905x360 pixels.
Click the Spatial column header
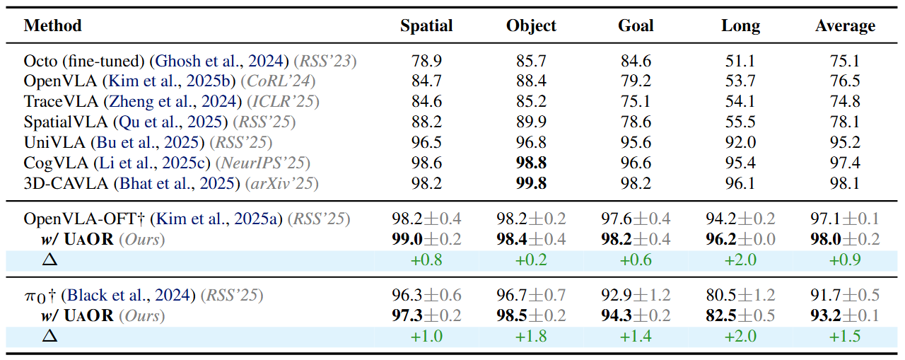[426, 26]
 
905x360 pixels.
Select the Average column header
[845, 26]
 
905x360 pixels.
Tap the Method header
[52, 26]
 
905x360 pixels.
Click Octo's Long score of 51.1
[740, 62]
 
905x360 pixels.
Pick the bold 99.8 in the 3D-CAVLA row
[531, 184]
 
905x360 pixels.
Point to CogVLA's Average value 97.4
[845, 163]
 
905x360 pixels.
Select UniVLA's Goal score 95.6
[636, 143]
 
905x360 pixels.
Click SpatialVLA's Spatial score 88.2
[426, 122]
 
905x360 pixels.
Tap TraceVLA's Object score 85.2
[531, 102]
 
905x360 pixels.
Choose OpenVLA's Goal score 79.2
[636, 82]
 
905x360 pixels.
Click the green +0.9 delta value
[845, 260]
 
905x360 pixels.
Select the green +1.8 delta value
[531, 335]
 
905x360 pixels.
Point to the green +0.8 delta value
[426, 260]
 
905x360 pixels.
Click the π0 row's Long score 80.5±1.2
[740, 295]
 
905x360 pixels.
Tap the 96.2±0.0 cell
[740, 239]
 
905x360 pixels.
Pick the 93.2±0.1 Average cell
[845, 315]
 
